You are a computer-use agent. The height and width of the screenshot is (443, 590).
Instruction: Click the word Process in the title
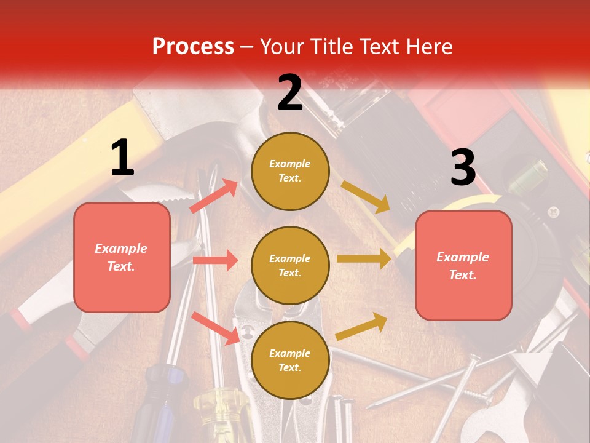193,47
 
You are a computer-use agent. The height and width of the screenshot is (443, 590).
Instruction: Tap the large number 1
122,158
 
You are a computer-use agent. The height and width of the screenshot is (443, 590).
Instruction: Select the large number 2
290,93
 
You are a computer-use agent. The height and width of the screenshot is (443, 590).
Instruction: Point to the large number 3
463,167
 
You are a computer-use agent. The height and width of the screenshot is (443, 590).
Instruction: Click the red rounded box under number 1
122,257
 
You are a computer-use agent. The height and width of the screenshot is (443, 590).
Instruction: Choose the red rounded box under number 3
463,265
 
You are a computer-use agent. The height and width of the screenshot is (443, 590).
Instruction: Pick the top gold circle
290,171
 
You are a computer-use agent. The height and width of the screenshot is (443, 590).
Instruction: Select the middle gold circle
290,265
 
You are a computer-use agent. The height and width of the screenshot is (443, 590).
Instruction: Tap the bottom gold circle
290,360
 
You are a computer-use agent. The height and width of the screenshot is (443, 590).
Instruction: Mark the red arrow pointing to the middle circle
215,260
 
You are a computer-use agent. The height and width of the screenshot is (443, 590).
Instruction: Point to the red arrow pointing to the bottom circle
216,327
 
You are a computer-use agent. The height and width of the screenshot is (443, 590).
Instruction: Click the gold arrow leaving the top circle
365,196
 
